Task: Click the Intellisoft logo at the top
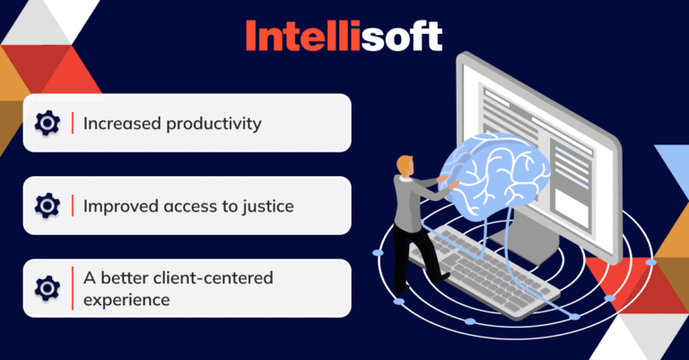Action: [344, 35]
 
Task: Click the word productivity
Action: [214, 123]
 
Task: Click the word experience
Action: [126, 300]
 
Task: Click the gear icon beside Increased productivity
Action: [47, 123]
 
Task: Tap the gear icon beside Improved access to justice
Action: [47, 206]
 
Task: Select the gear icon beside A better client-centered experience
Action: [47, 288]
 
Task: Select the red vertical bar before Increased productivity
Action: [73, 123]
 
